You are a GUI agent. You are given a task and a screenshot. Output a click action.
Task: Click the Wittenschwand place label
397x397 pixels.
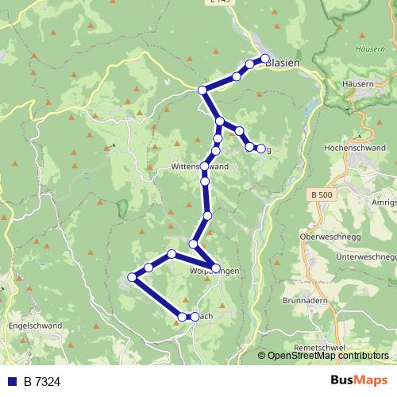[199, 168]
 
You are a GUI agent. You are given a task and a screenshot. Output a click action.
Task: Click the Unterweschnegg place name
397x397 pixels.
[365, 257]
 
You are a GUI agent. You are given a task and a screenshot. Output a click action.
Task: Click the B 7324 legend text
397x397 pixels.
[41, 382]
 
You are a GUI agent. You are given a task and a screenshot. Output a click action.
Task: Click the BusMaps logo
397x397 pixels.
[359, 381]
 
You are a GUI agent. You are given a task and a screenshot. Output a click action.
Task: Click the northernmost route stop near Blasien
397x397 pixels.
[265, 59]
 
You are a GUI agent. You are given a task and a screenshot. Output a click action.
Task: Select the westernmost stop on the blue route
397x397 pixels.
[133, 278]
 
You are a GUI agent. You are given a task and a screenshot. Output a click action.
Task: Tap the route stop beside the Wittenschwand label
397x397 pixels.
[205, 167]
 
